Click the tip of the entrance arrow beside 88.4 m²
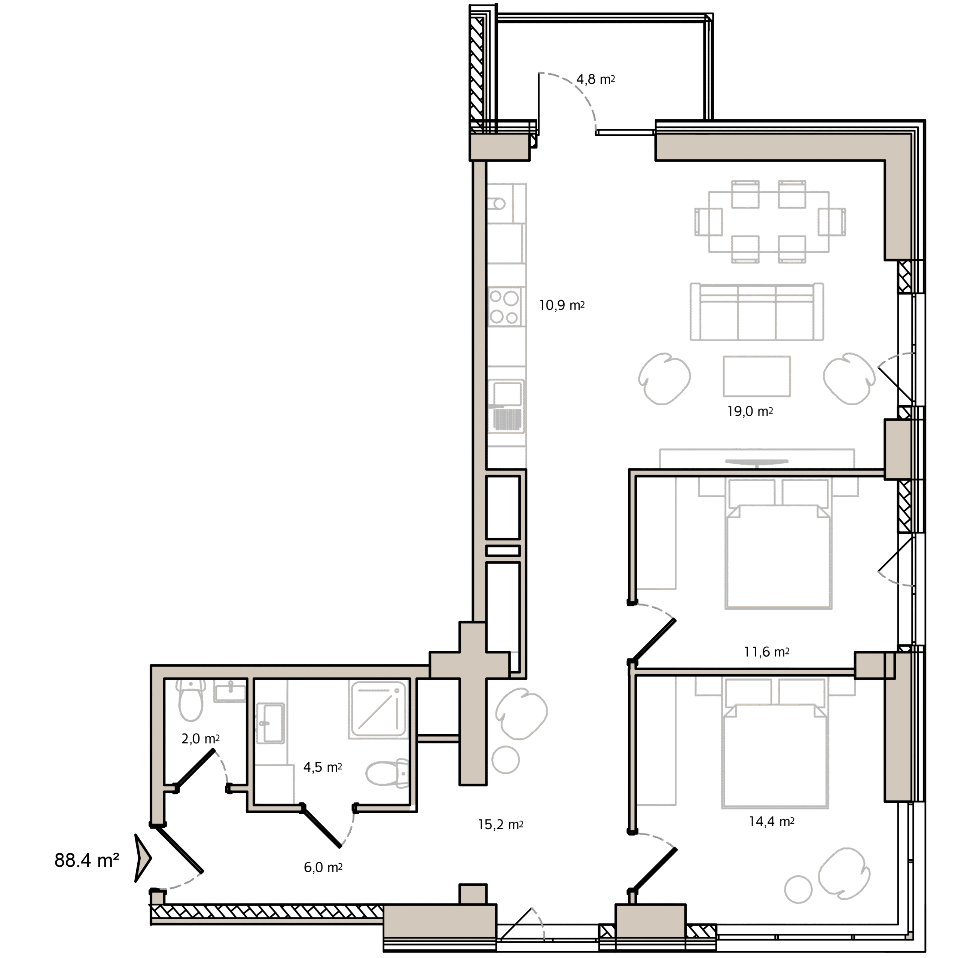pyautogui.click(x=151, y=858)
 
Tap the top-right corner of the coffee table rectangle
pyautogui.click(x=790, y=356)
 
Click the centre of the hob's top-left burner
pyautogui.click(x=496, y=298)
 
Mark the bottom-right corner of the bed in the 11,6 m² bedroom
pyautogui.click(x=832, y=608)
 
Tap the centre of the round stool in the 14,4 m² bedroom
pyautogui.click(x=798, y=889)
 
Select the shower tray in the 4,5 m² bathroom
pyautogui.click(x=378, y=710)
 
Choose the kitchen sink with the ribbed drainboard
pyautogui.click(x=507, y=406)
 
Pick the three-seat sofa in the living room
pyautogui.click(x=757, y=311)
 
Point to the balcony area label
pyautogui.click(x=595, y=79)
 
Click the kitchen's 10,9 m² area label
pyautogui.click(x=562, y=305)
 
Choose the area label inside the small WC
pyautogui.click(x=200, y=739)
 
